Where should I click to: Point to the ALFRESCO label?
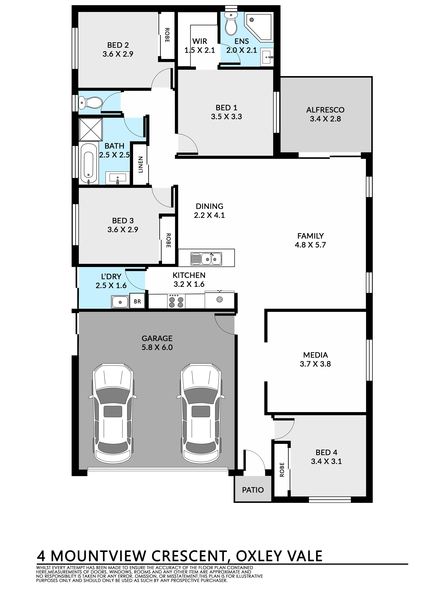click(325, 110)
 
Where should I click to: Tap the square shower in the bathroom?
click(91, 130)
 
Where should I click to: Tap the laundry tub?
click(120, 302)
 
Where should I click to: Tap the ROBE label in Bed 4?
click(282, 477)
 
